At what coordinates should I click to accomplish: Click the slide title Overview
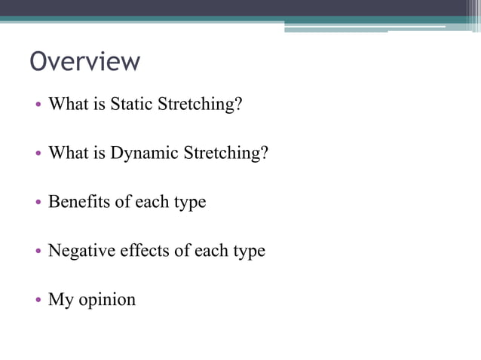[x=84, y=61]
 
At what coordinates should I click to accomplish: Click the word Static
[x=132, y=104]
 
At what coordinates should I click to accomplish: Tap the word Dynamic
[x=140, y=153]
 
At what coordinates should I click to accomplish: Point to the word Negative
[x=81, y=250]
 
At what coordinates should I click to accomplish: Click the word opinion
[x=107, y=300]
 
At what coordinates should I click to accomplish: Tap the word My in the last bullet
[x=60, y=299]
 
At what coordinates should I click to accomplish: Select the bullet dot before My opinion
[x=38, y=301]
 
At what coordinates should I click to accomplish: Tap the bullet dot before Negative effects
[x=38, y=252]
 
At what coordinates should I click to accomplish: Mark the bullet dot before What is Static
[x=38, y=105]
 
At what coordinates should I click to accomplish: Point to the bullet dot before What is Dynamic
[x=38, y=154]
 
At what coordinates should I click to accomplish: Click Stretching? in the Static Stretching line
[x=200, y=105]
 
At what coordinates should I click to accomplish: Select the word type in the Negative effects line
[x=248, y=252]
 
